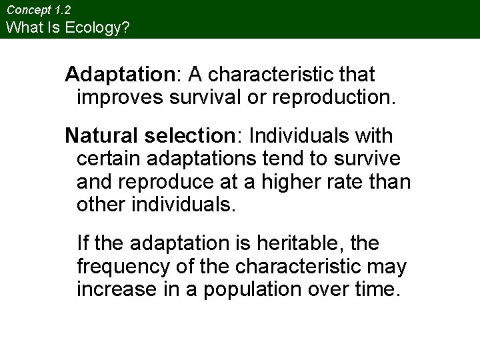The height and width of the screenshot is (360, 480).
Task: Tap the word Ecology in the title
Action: click(x=89, y=27)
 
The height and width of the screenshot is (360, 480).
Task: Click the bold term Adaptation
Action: click(x=117, y=74)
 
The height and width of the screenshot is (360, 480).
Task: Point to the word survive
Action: click(x=369, y=159)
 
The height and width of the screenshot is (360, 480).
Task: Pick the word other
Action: click(x=101, y=205)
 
